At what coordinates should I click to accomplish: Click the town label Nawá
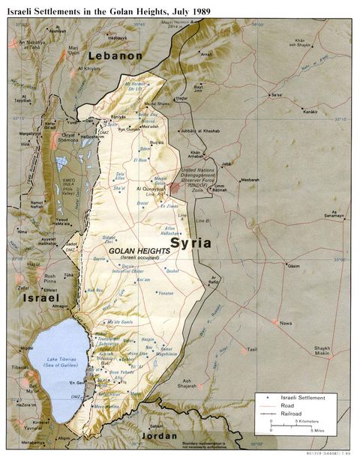coord(285,323)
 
